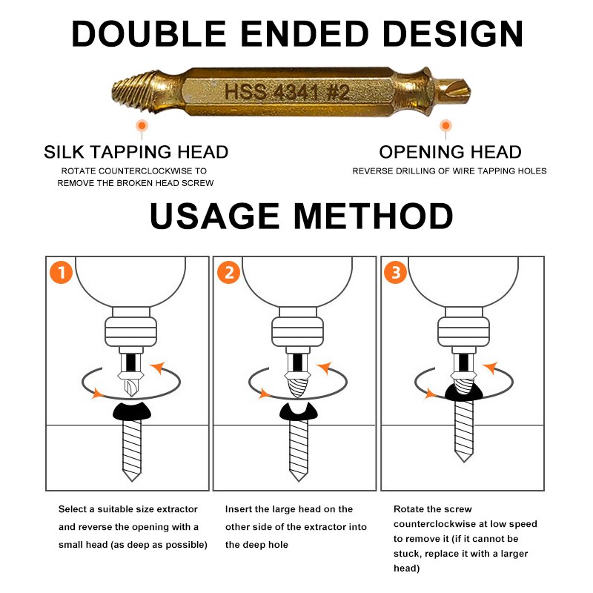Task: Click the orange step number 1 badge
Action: [61, 273]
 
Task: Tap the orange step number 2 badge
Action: [228, 273]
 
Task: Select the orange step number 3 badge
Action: [395, 273]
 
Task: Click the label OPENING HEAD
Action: [450, 153]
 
